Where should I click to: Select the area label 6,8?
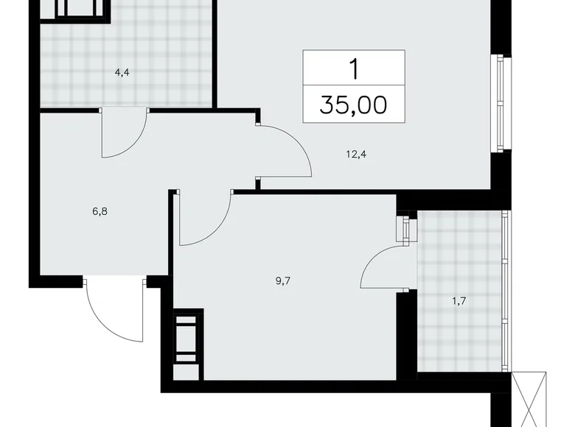(100, 211)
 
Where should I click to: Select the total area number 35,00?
(354, 105)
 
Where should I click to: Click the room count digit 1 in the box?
(354, 70)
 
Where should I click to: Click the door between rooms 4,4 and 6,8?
(124, 133)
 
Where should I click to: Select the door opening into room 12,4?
(284, 151)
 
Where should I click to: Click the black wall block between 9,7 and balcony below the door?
(406, 331)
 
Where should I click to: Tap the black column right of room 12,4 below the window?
(501, 173)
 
